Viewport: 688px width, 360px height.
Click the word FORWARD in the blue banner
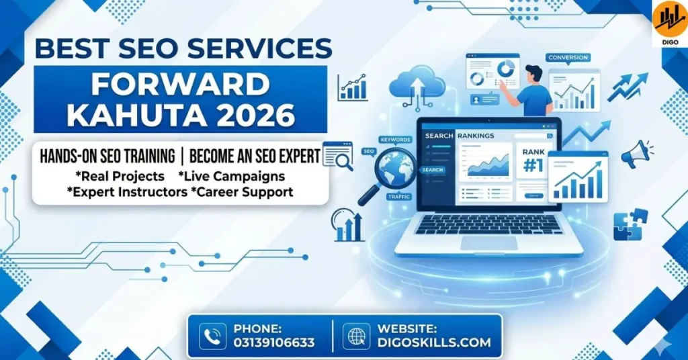click(180, 83)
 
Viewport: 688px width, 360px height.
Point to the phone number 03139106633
click(274, 343)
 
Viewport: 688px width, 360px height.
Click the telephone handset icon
click(212, 336)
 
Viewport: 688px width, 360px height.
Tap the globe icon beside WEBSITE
click(356, 336)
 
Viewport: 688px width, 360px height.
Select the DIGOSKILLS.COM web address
click(434, 343)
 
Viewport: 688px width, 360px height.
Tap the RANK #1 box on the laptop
click(533, 162)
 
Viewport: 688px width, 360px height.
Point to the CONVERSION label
click(568, 58)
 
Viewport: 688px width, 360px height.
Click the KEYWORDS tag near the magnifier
click(395, 140)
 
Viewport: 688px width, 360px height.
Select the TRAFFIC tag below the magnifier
click(399, 197)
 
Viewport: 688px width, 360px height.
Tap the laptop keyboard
click(488, 224)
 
